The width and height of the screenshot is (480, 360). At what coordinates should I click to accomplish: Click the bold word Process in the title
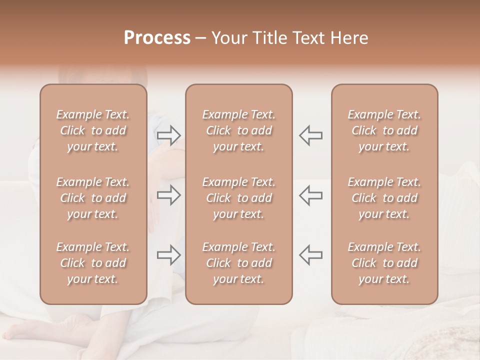point(157,38)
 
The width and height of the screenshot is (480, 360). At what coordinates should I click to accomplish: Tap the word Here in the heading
point(350,38)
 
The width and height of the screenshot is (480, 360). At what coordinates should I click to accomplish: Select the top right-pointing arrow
point(169,135)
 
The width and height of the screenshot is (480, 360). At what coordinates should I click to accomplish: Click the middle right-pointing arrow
point(169,195)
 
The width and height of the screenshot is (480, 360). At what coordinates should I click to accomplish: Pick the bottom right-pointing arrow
point(169,255)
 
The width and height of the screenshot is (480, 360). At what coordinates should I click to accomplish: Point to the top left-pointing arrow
point(310,135)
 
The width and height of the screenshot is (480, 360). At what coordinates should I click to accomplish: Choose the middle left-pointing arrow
point(310,195)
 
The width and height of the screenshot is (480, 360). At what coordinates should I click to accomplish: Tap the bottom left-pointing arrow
point(310,255)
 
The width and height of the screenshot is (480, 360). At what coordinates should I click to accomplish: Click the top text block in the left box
point(93,130)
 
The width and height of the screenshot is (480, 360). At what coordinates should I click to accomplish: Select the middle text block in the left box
point(93,198)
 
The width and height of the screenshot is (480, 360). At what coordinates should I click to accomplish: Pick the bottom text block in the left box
point(93,263)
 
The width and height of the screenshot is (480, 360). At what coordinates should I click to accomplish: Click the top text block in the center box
point(239,130)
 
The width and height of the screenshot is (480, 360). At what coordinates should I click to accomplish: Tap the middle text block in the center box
point(239,198)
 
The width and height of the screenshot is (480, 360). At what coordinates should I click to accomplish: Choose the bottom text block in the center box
point(239,263)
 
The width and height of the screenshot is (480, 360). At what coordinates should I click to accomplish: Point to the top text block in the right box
point(384,130)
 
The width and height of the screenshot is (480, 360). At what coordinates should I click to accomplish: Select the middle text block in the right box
point(384,198)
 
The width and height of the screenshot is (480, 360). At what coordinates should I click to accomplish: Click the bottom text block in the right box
point(384,263)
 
